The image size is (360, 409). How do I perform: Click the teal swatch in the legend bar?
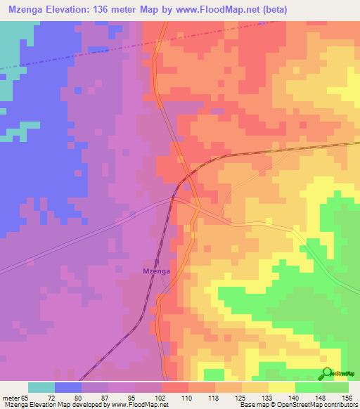point(41,387)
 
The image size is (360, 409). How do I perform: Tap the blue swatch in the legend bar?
point(68,387)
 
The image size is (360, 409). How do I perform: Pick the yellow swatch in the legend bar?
point(282,387)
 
